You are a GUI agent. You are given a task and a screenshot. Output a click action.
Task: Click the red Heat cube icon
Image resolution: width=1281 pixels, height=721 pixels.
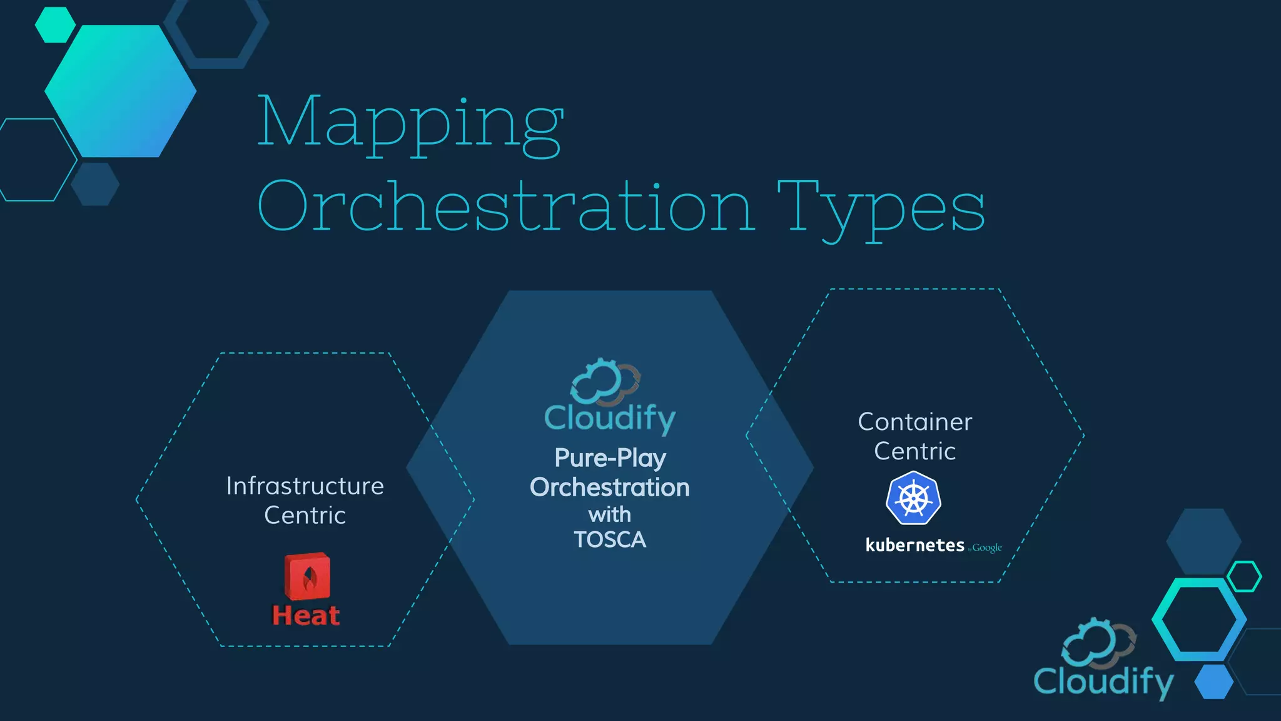(307, 576)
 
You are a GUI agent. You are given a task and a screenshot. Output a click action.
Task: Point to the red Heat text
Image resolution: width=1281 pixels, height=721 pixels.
(306, 616)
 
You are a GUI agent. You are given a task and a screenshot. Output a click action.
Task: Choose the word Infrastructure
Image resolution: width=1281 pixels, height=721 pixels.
(305, 486)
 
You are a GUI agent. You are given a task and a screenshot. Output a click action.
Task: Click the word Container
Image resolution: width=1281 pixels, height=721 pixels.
(914, 422)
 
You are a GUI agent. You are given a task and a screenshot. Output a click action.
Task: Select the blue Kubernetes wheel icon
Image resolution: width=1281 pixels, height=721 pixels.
(914, 498)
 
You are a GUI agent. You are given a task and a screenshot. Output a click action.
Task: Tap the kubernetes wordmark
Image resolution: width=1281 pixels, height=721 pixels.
(914, 545)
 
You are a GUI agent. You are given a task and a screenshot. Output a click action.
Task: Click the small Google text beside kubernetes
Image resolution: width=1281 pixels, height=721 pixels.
(986, 548)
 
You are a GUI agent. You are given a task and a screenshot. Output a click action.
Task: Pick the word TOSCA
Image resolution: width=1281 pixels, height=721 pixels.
(610, 539)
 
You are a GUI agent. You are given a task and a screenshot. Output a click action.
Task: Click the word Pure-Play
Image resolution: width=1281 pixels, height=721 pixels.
(610, 458)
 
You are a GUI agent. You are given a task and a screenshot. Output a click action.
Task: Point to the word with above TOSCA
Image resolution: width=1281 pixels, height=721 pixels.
(610, 514)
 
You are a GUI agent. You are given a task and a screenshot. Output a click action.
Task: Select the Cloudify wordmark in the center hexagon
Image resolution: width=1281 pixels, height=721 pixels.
(610, 418)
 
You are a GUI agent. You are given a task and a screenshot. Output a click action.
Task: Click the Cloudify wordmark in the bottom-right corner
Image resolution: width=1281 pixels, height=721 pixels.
(1103, 682)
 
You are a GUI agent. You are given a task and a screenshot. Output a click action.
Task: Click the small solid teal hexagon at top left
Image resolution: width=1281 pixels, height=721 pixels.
(55, 25)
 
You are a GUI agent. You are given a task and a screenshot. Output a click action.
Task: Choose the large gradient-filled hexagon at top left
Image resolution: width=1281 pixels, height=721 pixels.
(121, 91)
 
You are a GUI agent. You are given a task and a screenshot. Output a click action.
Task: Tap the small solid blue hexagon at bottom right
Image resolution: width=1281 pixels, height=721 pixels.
(1214, 682)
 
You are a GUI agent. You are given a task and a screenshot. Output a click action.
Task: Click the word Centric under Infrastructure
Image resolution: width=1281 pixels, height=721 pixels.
(305, 516)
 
